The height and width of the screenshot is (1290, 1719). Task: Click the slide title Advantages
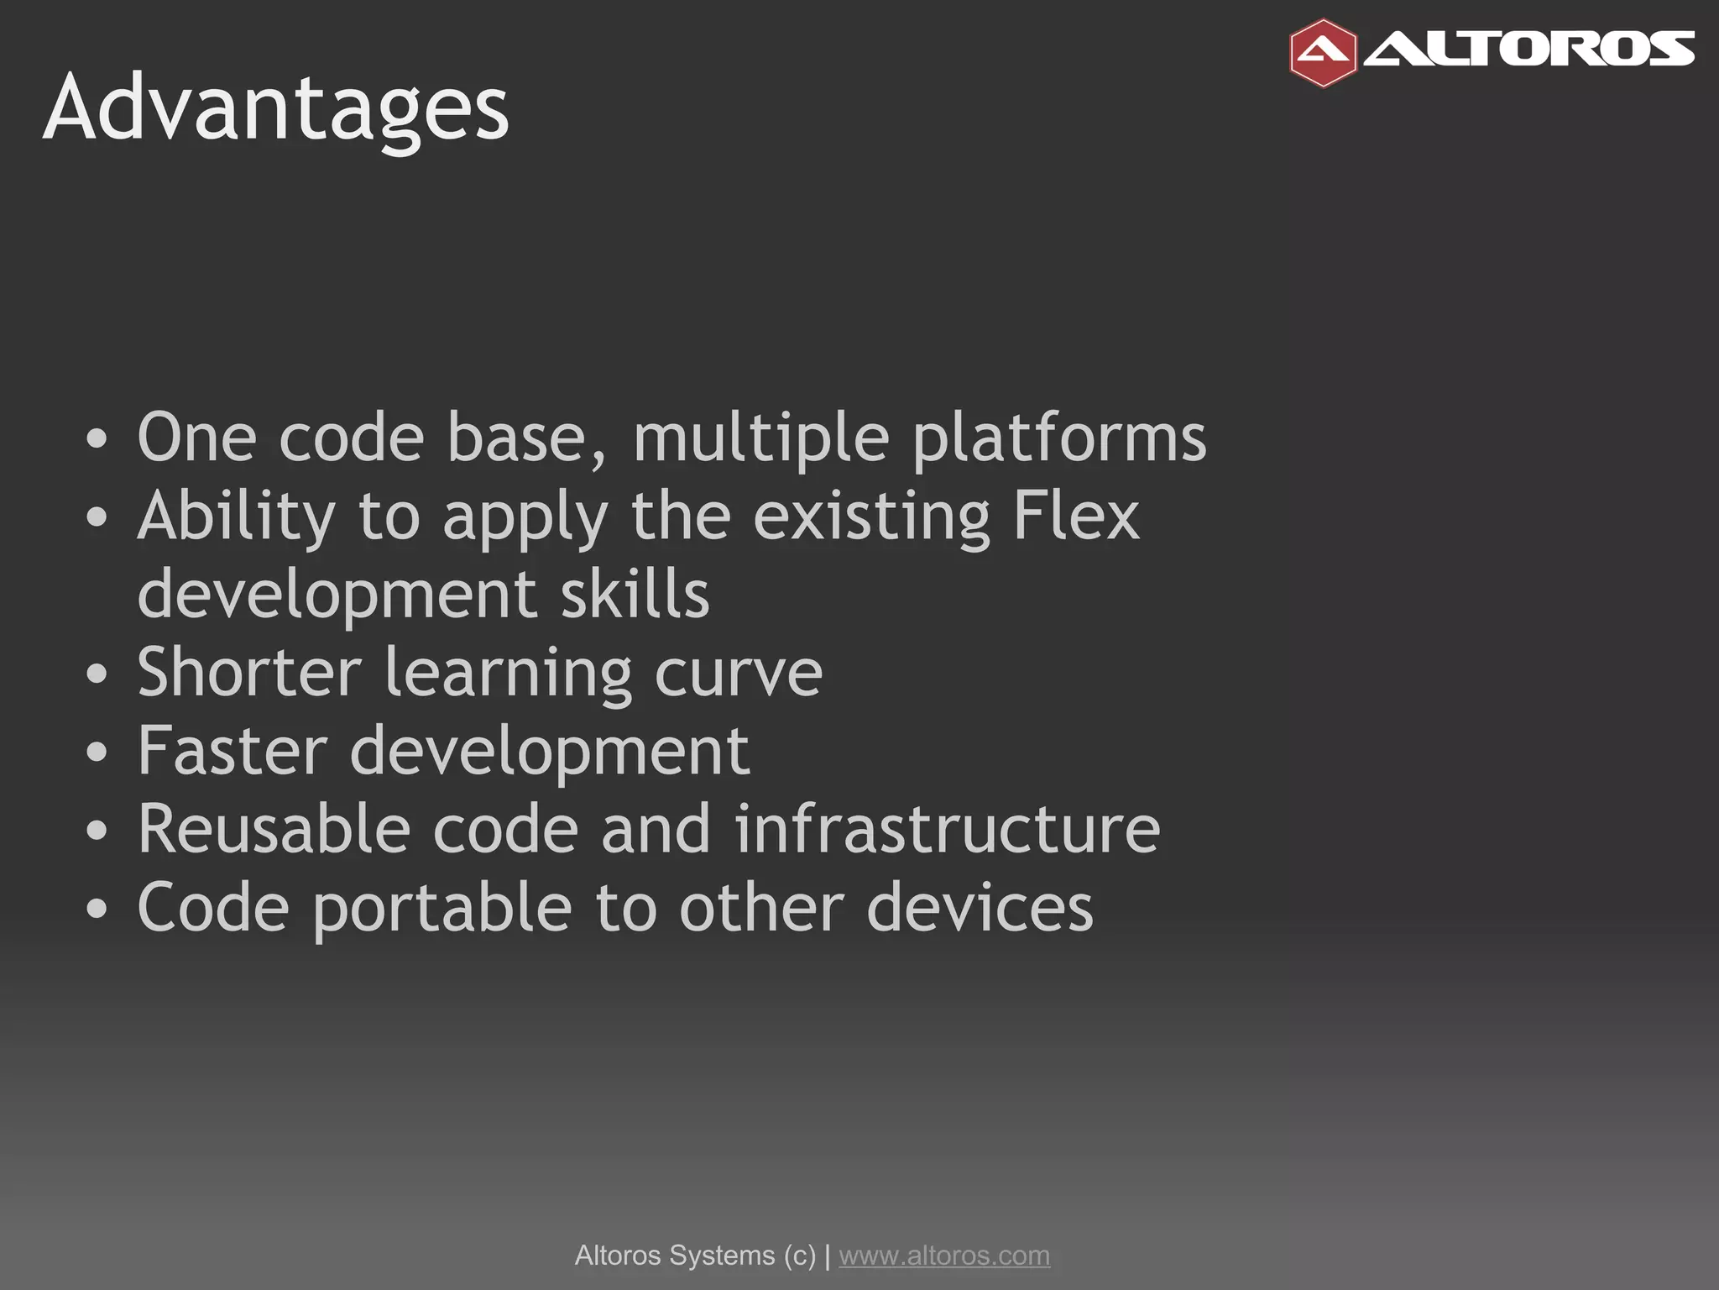tap(275, 109)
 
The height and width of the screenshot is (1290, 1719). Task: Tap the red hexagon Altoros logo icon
tap(1323, 53)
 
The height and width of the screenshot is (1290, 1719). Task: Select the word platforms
tap(1059, 438)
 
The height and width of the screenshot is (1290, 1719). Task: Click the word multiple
tap(760, 438)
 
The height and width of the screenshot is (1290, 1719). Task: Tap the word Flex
tap(1076, 516)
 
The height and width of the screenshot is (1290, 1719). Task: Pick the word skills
tap(635, 594)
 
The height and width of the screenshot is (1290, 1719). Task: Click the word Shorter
tap(249, 672)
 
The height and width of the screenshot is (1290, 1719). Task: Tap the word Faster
tap(233, 750)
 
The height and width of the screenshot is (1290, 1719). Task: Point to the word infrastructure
tap(948, 829)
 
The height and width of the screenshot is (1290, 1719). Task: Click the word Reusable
tap(274, 829)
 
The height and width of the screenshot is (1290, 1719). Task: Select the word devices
tap(980, 907)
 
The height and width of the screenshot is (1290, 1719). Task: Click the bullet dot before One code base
tap(97, 439)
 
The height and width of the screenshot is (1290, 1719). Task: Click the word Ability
tap(236, 517)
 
